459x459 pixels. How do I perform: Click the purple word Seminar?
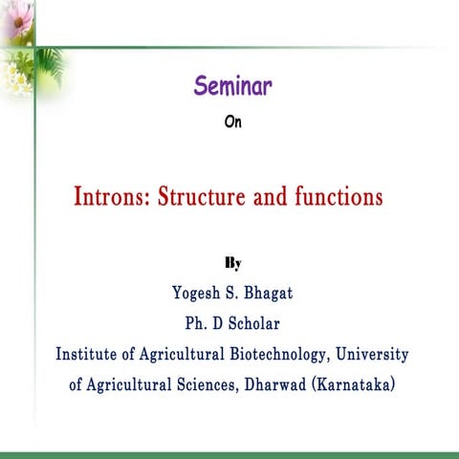pos(233,87)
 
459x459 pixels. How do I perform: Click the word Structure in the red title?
pos(204,199)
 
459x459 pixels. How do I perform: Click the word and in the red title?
pos(271,199)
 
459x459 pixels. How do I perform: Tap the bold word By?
pos(232,260)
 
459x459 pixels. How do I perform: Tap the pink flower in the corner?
pos(17,21)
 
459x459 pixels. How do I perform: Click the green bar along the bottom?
pos(229,453)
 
